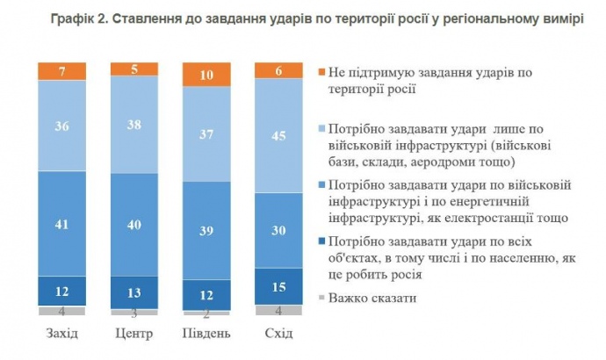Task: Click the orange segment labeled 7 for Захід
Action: [x=62, y=71]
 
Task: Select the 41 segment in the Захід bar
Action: [x=62, y=224]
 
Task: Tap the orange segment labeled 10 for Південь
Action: [x=205, y=76]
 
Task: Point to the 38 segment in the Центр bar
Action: [x=133, y=124]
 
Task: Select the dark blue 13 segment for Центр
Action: [x=133, y=292]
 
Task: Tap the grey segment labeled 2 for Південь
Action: [x=205, y=313]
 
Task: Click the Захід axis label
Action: [x=62, y=334]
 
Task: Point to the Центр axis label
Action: [x=133, y=334]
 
